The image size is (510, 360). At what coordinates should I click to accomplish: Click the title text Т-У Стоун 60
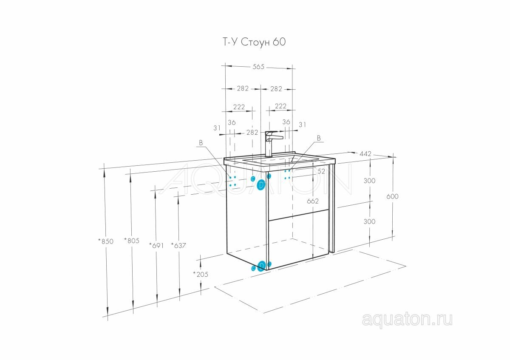[254, 42]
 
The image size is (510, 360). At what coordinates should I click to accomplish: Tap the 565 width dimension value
[258, 67]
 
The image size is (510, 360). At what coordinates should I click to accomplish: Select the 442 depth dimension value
[365, 154]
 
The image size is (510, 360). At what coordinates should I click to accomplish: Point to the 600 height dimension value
[392, 196]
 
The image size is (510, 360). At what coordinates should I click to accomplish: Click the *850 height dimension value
[106, 241]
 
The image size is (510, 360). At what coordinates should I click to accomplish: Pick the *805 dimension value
[132, 241]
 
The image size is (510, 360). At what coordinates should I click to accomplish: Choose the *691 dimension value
[156, 245]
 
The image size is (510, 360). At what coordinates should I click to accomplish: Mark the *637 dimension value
[178, 245]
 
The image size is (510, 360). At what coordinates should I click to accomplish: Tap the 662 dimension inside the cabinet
[312, 201]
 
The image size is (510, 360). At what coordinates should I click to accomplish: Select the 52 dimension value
[321, 171]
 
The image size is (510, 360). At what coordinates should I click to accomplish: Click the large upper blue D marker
[261, 185]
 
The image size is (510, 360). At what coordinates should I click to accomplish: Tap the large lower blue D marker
[261, 266]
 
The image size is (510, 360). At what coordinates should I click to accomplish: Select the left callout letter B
[201, 143]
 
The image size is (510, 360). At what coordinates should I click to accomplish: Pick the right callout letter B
[318, 138]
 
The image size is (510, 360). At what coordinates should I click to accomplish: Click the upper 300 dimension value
[369, 181]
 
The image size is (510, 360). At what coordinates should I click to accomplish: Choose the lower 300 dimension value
[369, 221]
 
